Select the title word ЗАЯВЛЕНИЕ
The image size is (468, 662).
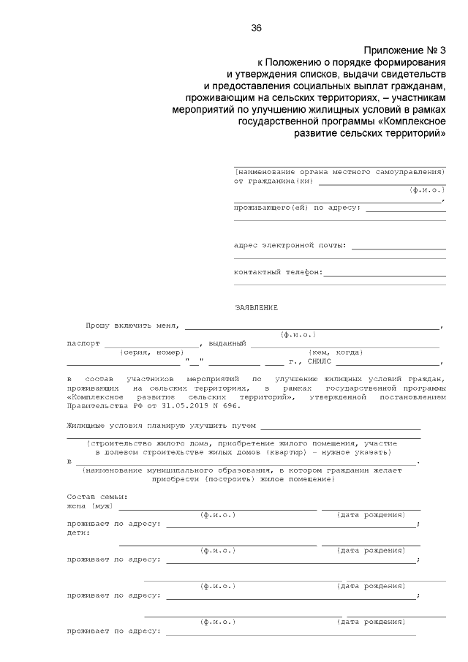pos(257,307)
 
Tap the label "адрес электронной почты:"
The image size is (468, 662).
pos(290,246)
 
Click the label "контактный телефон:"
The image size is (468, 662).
pos(278,272)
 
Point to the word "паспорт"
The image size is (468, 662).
pos(83,343)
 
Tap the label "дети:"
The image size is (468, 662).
pos(78,533)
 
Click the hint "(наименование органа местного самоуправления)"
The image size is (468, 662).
pos(340,171)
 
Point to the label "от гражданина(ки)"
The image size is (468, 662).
pos(272,180)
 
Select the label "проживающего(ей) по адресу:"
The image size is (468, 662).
pos(297,207)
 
